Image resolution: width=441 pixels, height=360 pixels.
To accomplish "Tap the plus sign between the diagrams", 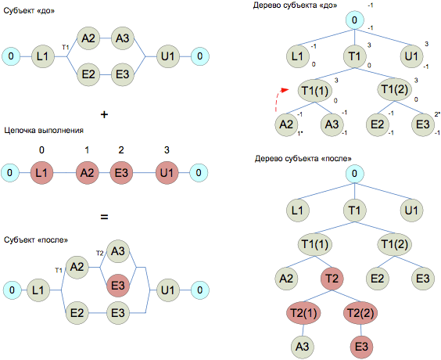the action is click(104, 114).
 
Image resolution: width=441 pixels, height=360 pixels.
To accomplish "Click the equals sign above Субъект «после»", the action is click(104, 217).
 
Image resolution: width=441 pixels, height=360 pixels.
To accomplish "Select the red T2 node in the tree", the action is click(332, 279).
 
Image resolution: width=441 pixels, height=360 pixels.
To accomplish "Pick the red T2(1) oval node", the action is click(303, 313).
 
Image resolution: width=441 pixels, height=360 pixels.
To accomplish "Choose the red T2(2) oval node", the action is click(360, 313).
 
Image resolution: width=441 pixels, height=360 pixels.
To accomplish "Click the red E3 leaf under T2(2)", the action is click(362, 347).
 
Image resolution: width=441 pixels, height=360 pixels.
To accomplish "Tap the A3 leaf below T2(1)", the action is click(303, 347).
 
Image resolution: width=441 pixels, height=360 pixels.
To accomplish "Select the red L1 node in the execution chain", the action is click(41, 173).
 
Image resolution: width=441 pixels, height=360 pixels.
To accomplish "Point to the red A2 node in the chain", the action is click(88, 173).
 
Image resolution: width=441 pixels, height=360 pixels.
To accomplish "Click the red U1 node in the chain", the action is click(167, 173).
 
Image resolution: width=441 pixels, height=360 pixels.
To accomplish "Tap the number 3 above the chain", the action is click(167, 150).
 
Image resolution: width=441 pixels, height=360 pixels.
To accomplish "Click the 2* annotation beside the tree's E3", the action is click(437, 114).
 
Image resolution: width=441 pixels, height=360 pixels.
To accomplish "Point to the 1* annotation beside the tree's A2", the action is click(300, 133).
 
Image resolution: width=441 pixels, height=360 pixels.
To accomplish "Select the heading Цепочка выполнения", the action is click(44, 131).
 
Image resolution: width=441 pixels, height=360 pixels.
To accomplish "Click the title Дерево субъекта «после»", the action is click(303, 159).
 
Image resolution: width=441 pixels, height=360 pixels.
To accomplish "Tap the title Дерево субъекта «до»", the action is click(295, 5).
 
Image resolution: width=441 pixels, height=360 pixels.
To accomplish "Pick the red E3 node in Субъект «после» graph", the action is click(118, 286).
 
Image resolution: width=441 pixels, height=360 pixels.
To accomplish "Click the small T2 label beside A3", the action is click(100, 254).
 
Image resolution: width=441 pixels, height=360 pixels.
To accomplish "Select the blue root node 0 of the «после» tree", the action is click(355, 174).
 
